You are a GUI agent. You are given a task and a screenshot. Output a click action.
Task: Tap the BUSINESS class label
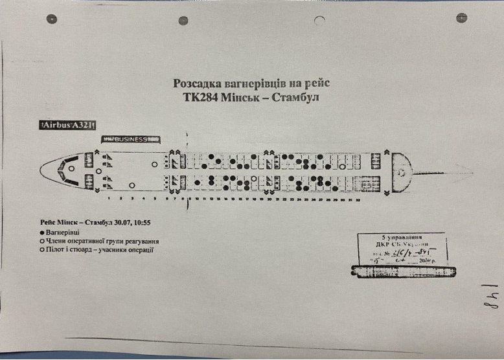[x=132, y=139]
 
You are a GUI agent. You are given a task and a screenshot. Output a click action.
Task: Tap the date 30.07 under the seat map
[x=126, y=221]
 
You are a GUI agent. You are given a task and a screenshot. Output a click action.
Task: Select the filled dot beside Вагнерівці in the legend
[x=42, y=232]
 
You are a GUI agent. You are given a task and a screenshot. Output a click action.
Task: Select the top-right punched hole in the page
[x=461, y=17]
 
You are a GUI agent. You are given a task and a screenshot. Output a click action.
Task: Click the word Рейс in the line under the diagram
[x=51, y=221]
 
